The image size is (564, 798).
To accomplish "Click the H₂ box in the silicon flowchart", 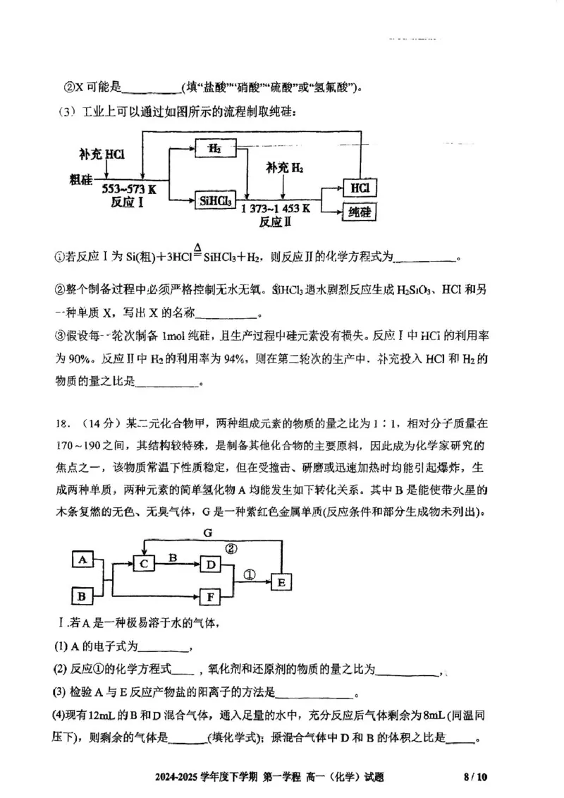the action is point(215,150).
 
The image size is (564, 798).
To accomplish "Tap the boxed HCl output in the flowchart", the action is point(360,188).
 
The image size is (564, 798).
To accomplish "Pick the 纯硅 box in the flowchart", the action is point(360,212).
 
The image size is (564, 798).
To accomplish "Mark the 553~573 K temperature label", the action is point(129,190).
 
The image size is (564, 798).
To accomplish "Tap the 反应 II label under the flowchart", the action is point(276,222).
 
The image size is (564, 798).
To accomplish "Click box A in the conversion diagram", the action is point(83,560).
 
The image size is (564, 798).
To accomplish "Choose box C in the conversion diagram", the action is point(144,563).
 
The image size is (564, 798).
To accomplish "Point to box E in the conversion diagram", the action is point(281,581).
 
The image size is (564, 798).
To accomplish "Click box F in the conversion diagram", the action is point(210,597).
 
